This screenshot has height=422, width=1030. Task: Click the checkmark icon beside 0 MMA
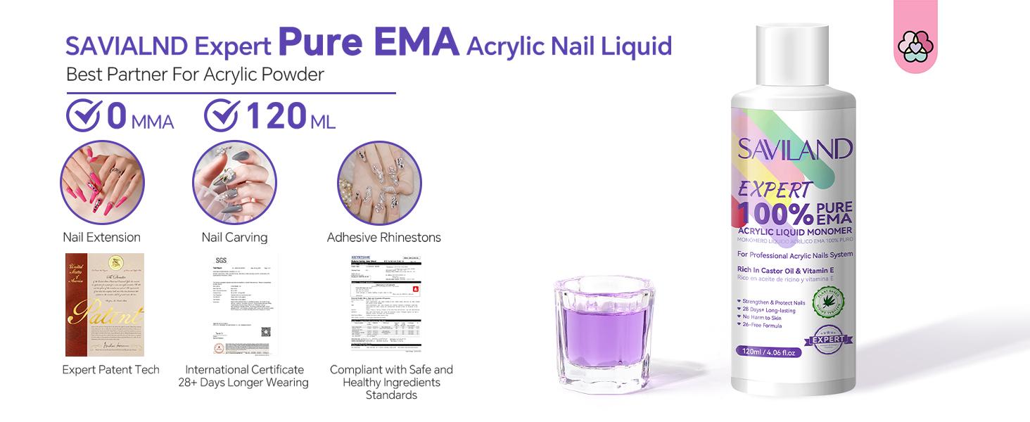tap(83, 116)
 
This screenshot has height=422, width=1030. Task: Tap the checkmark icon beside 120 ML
tap(221, 116)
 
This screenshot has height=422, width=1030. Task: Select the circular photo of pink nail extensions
tap(102, 183)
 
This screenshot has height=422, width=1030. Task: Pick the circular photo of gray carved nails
tap(234, 183)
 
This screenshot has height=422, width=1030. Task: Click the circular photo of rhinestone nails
tap(379, 183)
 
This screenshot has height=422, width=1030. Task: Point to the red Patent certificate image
tap(105, 305)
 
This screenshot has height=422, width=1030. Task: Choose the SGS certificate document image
tap(243, 305)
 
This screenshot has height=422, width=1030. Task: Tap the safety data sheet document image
tap(386, 305)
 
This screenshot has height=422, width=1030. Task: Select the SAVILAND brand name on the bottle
tap(795, 149)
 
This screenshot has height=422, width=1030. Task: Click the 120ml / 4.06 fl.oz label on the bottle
tap(768, 351)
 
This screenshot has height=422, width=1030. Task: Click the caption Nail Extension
tap(102, 237)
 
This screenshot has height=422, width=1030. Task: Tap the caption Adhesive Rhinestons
tap(384, 238)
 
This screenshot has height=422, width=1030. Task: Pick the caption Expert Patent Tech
tap(111, 370)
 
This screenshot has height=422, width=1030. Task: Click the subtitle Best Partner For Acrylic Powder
tap(195, 75)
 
